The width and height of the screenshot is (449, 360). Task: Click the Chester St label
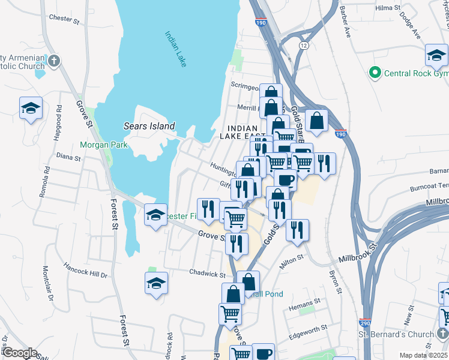[64, 19]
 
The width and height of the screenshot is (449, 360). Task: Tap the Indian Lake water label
[175, 49]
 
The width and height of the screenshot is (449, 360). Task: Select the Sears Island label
[149, 126]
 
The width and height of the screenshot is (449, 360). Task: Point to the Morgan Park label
[99, 145]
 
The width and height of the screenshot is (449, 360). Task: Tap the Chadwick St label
[206, 272]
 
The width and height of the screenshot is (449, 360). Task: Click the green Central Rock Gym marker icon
[376, 73]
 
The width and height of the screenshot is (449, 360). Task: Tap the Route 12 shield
[304, 46]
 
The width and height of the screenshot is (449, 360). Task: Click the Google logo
[20, 353]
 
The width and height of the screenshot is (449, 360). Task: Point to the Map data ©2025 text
[423, 355]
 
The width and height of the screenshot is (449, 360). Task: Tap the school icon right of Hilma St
[436, 56]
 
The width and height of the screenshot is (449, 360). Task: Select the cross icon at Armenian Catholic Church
[54, 61]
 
